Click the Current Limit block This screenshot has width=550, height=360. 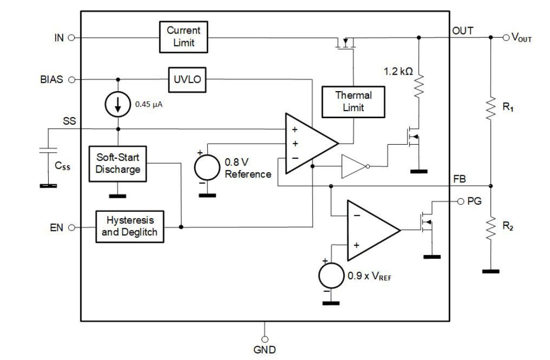[184, 37]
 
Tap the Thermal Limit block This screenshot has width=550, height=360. [353, 102]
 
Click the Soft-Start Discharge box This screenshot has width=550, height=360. [118, 163]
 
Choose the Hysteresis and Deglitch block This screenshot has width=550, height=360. [130, 226]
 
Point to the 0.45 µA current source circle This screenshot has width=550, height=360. [118, 104]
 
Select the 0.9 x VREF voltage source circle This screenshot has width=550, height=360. [331, 276]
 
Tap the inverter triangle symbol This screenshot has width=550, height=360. [354, 166]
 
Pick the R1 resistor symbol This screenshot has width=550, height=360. [491, 108]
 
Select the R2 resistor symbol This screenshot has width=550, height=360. [491, 227]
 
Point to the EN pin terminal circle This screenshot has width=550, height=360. [71, 227]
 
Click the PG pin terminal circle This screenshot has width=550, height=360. [460, 201]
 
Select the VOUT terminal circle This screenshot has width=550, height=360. [506, 37]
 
